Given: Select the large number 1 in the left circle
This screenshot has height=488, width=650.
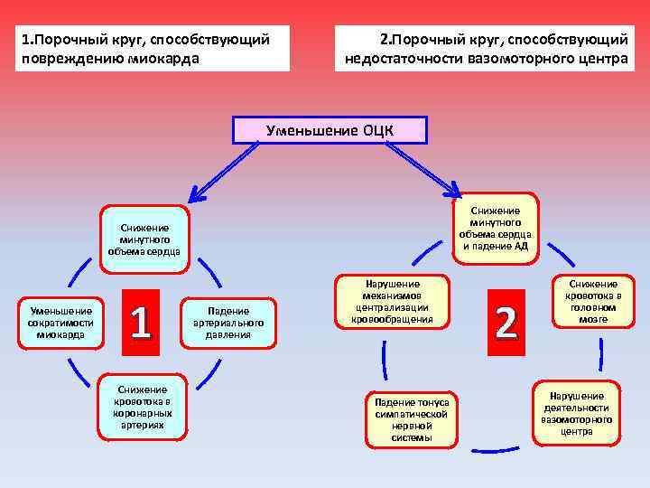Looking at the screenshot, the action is [x=140, y=323].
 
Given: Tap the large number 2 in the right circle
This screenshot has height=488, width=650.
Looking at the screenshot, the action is [x=506, y=323].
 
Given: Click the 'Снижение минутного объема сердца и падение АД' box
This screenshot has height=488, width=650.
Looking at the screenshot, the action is [x=495, y=228].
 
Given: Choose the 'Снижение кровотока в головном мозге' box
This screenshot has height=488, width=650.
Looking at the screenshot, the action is [x=592, y=301].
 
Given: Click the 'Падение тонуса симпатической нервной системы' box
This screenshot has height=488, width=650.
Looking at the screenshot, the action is [x=412, y=419].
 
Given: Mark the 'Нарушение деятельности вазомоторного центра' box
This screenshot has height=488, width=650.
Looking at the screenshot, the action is [x=576, y=413].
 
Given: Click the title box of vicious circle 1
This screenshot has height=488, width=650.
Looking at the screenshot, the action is [x=153, y=49].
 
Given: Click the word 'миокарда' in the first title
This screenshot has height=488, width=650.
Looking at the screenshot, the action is [x=171, y=60].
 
